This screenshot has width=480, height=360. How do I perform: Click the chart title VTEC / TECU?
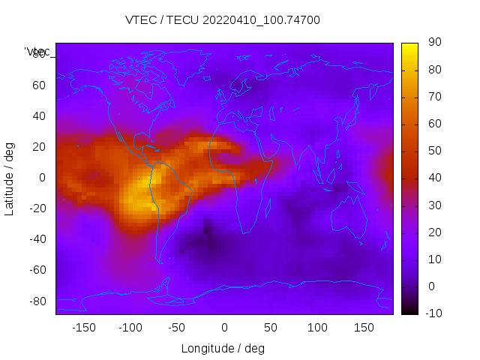click(x=223, y=20)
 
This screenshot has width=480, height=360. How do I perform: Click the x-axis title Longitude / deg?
click(x=223, y=349)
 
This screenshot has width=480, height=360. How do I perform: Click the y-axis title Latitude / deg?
click(x=10, y=178)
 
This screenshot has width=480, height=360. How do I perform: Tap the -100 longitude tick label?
click(x=130, y=328)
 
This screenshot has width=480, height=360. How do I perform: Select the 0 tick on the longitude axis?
click(x=224, y=328)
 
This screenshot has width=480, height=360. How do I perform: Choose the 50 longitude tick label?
click(x=271, y=328)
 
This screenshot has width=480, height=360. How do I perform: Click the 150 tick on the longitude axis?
click(x=364, y=328)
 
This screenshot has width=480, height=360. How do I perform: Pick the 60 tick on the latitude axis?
click(x=39, y=85)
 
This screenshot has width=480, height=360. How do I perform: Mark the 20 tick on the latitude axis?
click(x=39, y=147)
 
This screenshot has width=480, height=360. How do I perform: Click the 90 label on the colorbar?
click(x=434, y=43)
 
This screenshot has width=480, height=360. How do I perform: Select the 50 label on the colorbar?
click(x=434, y=151)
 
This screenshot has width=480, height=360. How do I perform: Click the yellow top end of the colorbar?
click(x=409, y=46)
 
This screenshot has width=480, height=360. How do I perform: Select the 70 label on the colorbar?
click(x=434, y=97)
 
